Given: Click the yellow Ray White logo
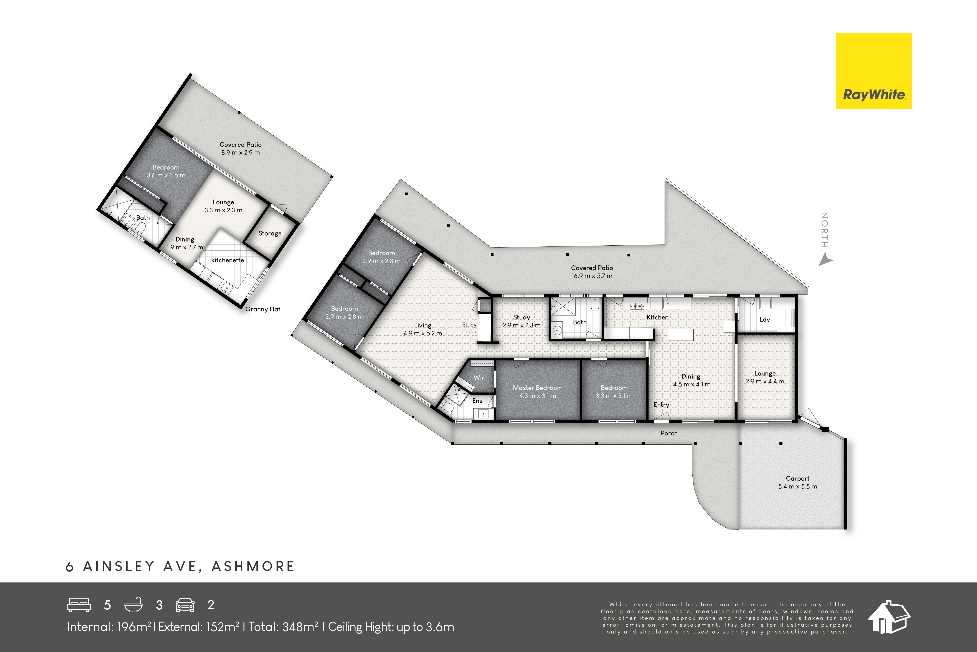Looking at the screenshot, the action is (x=874, y=71).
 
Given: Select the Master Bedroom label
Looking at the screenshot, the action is (x=538, y=388).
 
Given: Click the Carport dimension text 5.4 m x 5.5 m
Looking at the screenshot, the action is (x=797, y=487).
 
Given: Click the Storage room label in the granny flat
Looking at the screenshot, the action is (x=270, y=233).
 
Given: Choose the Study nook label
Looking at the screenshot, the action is (x=470, y=328).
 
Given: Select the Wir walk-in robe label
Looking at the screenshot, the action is (x=479, y=378).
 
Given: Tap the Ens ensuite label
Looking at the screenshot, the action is (x=477, y=401).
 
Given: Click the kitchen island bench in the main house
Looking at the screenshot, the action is (x=680, y=335).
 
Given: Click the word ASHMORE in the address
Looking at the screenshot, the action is (x=253, y=566).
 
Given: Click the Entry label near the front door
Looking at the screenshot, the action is (x=661, y=405).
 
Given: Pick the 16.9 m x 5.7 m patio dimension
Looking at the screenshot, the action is (x=592, y=276).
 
